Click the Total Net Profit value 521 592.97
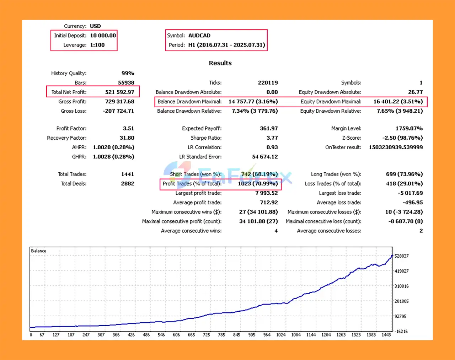click(x=119, y=92)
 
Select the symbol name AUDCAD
click(x=199, y=36)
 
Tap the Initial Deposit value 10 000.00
click(x=103, y=36)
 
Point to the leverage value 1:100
click(x=97, y=45)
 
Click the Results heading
click(x=220, y=63)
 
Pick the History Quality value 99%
click(x=128, y=73)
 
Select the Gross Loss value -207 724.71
click(x=118, y=111)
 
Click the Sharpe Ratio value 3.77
click(x=272, y=138)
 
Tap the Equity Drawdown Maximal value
click(x=398, y=102)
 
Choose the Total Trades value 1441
click(x=127, y=174)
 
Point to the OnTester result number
click(x=396, y=147)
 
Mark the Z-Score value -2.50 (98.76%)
click(x=402, y=138)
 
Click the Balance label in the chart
click(x=38, y=251)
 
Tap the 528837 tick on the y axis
click(x=401, y=256)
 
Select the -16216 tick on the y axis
click(x=401, y=332)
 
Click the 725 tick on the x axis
click(x=206, y=335)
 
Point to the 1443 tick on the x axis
click(x=386, y=335)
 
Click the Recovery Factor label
click(x=66, y=138)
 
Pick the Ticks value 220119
click(x=268, y=83)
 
